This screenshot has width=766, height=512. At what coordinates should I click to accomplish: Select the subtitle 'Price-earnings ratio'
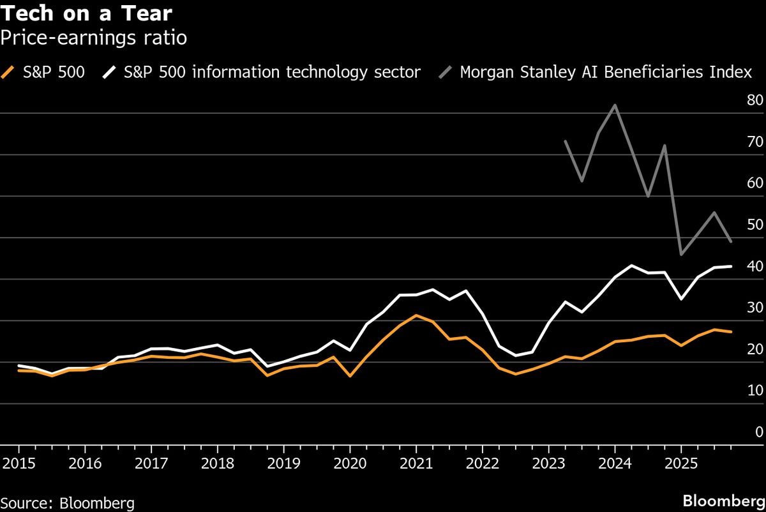(x=93, y=38)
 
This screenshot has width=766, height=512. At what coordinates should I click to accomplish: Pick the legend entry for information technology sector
(x=261, y=72)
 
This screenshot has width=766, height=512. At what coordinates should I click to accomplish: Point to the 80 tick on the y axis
(x=754, y=100)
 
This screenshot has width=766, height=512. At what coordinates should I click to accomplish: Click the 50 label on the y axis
(x=754, y=225)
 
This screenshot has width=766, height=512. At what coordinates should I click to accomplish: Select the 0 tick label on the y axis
(x=758, y=432)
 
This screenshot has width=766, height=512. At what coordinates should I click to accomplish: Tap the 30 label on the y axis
(x=754, y=308)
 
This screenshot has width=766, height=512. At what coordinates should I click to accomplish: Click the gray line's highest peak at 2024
(x=614, y=105)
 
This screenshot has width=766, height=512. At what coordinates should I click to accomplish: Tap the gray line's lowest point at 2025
(x=680, y=255)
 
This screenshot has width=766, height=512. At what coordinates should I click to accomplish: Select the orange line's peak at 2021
(x=416, y=315)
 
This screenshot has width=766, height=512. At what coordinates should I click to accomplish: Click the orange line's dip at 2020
(x=350, y=376)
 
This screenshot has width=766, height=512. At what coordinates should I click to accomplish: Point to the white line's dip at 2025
(x=680, y=299)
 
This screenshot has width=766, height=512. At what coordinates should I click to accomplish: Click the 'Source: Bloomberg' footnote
(x=68, y=503)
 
